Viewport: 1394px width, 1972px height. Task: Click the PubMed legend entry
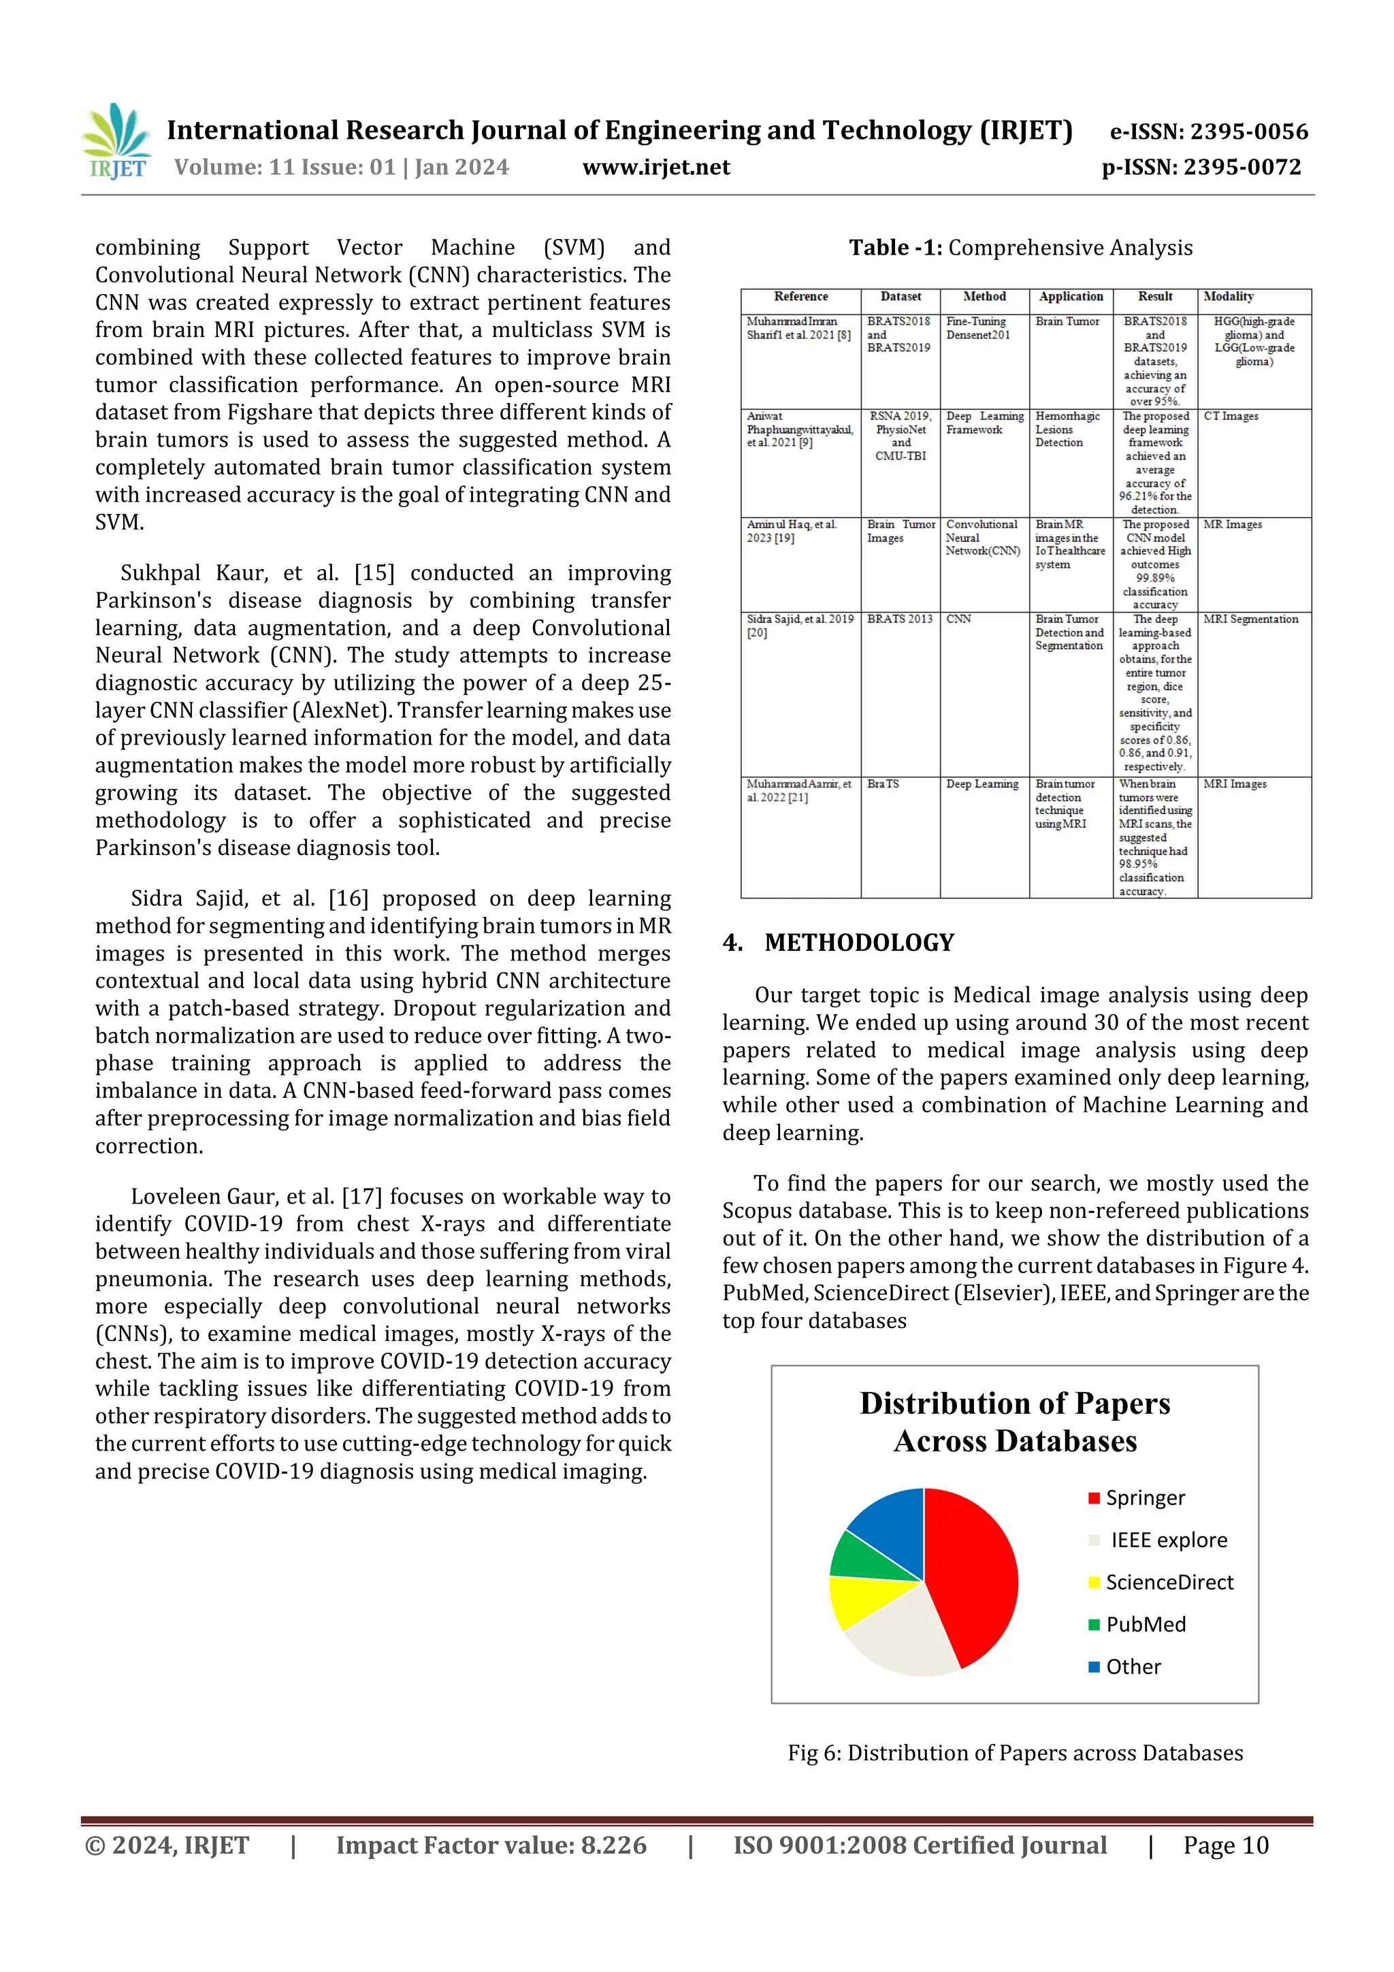(x=1144, y=1624)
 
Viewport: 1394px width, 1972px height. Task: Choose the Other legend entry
(x=1132, y=1666)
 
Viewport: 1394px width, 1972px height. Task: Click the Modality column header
(x=1228, y=296)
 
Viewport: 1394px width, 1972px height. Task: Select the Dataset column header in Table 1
(x=900, y=296)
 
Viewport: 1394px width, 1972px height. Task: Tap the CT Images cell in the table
(x=1231, y=417)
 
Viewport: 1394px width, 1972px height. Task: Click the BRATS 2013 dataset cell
(x=899, y=619)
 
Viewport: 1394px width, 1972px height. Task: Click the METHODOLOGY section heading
(x=859, y=942)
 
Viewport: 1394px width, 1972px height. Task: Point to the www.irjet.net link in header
(x=656, y=167)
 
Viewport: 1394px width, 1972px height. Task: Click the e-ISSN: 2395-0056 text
(x=1208, y=131)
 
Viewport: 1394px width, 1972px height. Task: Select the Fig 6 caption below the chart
(x=1016, y=1753)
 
